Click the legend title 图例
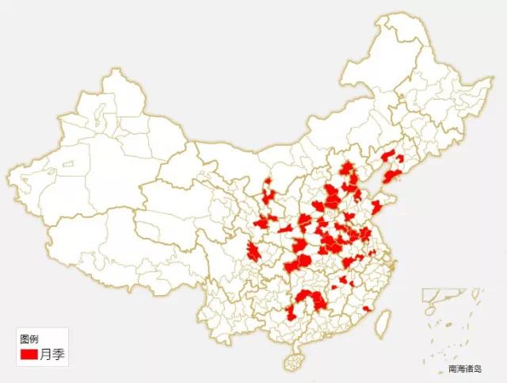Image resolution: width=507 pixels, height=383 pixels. [x=29, y=339]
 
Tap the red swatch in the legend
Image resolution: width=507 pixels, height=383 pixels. [x=29, y=354]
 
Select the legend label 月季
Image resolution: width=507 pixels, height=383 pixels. [x=51, y=354]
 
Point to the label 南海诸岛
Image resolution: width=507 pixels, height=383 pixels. [x=464, y=369]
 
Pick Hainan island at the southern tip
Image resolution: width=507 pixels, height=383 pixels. [x=294, y=362]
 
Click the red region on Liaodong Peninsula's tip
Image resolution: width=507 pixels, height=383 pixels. [x=391, y=176]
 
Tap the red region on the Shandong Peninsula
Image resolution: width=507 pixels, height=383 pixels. [x=376, y=209]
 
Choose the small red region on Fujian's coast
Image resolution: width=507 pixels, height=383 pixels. [x=367, y=308]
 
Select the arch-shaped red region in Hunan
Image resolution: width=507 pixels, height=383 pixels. [x=310, y=300]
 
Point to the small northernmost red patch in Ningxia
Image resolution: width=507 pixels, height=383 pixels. [x=269, y=184]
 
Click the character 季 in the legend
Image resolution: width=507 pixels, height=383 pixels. [x=58, y=354]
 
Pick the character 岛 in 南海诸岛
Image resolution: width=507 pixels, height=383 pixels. [x=478, y=369]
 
